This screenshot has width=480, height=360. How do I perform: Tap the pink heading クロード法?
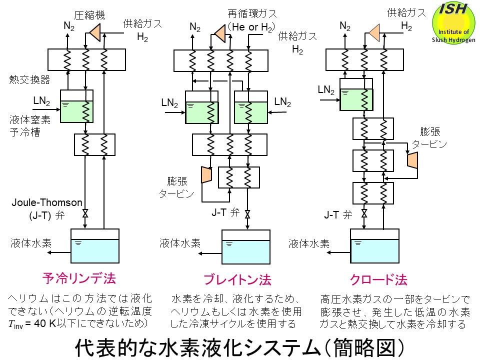point(371,279)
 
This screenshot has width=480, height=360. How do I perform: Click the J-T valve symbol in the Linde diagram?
point(85,214)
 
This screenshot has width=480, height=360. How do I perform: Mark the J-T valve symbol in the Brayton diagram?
point(247,214)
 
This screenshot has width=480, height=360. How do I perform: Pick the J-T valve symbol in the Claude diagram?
point(364,214)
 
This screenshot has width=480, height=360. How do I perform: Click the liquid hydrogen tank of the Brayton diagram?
point(245,246)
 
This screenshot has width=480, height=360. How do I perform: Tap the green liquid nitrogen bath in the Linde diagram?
point(76,111)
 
